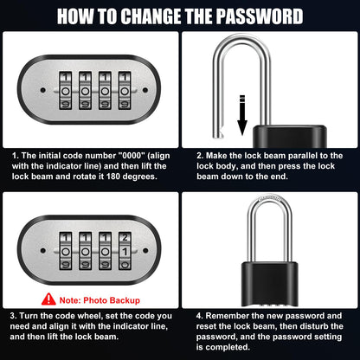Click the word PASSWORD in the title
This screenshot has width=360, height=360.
click(x=257, y=16)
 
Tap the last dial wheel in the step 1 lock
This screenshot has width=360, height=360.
click(x=126, y=88)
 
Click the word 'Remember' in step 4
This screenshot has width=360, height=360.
click(x=228, y=317)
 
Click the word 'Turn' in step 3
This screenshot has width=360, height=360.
click(x=35, y=317)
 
